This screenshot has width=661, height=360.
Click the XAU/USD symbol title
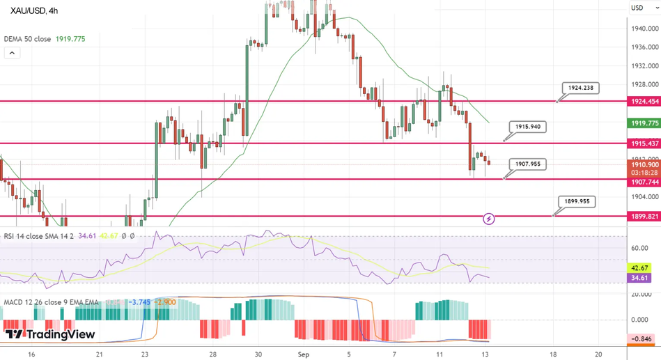(34, 10)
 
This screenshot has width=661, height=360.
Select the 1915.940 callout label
(527, 127)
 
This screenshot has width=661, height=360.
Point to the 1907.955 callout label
(527, 164)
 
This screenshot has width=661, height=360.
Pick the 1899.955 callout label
(577, 201)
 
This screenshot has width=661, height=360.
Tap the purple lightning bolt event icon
(489, 219)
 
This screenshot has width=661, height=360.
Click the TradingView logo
(49, 335)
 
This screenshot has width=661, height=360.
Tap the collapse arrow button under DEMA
(12, 52)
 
